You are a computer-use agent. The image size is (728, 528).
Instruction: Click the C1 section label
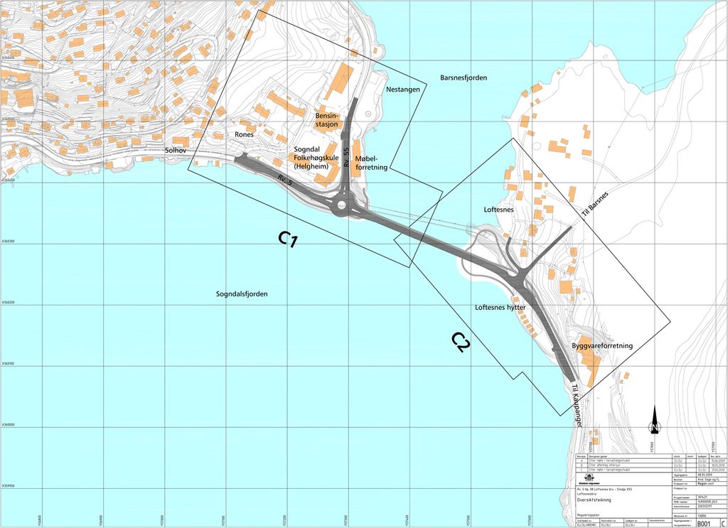tap(287, 239)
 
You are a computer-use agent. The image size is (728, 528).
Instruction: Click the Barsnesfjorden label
tap(464, 77)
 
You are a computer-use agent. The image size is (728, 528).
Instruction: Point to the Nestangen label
tap(403, 90)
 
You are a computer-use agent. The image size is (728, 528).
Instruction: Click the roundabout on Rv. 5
tap(346, 208)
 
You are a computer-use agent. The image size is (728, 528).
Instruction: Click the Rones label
tap(244, 134)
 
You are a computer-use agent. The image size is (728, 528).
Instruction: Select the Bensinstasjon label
tap(328, 120)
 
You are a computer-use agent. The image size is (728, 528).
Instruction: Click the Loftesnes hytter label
tap(500, 308)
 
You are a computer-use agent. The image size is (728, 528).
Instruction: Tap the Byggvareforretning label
tap(602, 346)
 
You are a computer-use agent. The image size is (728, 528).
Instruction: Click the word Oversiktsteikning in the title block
tap(594, 500)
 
